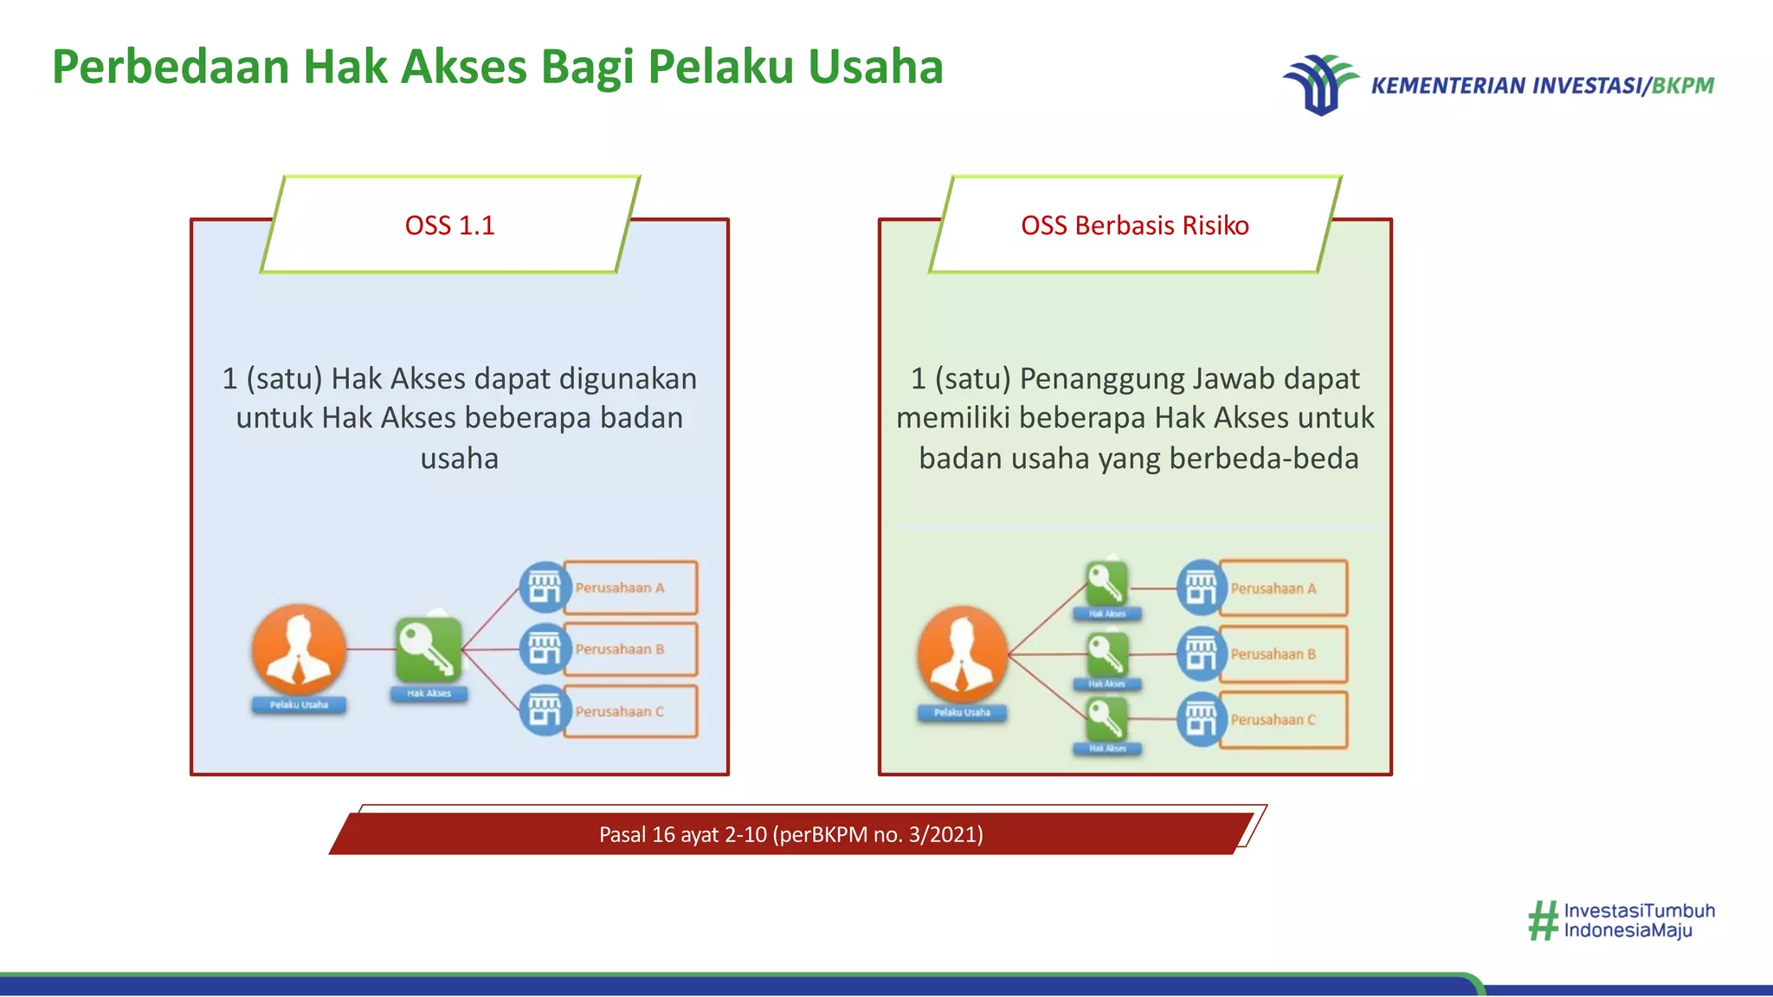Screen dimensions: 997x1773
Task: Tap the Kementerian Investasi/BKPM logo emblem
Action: (x=1319, y=85)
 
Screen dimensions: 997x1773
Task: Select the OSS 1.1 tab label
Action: (x=449, y=226)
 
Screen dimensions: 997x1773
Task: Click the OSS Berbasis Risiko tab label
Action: (x=1134, y=226)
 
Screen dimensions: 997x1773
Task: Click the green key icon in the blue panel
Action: (x=429, y=649)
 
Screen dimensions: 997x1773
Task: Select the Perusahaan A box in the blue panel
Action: (x=630, y=588)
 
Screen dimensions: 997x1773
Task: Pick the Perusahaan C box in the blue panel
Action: (x=630, y=711)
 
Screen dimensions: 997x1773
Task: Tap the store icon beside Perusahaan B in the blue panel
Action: (x=545, y=648)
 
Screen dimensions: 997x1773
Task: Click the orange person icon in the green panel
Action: (x=962, y=654)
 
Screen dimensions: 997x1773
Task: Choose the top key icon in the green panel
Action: (x=1106, y=583)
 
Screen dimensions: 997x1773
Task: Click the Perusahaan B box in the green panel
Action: (x=1283, y=654)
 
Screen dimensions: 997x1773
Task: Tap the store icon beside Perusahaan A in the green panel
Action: (x=1202, y=588)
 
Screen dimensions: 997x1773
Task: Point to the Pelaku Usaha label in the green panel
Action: (x=962, y=713)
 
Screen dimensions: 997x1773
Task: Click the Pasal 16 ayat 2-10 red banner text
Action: (x=790, y=834)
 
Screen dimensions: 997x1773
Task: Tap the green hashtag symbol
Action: (x=1543, y=921)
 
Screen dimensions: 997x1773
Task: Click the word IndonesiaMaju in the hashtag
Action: (x=1628, y=931)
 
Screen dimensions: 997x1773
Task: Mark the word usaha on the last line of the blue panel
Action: (x=459, y=459)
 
